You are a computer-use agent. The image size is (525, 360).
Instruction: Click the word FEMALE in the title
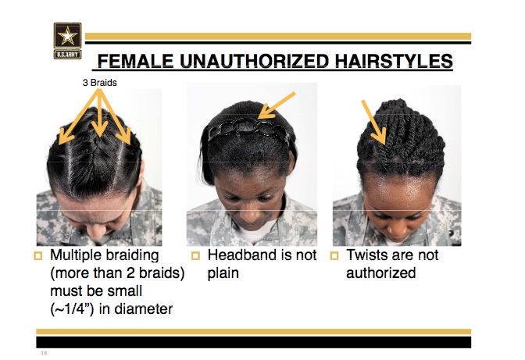(135, 61)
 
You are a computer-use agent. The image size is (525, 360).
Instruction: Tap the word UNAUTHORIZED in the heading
(255, 61)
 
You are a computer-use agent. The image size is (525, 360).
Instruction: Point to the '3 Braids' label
(99, 83)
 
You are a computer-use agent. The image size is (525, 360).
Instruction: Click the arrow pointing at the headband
(277, 105)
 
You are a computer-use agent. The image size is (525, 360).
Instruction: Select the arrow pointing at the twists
(373, 122)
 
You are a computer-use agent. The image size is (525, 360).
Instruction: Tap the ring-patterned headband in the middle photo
(248, 129)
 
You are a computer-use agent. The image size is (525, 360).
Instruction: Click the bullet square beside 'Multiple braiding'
(38, 256)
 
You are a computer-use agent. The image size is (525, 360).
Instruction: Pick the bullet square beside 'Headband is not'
(195, 256)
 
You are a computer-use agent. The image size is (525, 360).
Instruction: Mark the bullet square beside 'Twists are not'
(334, 256)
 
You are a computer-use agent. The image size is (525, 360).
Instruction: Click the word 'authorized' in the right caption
(381, 273)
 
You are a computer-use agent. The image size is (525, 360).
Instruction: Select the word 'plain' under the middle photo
(223, 273)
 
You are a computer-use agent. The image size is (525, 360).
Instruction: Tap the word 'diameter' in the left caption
(144, 308)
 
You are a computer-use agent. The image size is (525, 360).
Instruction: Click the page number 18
(44, 353)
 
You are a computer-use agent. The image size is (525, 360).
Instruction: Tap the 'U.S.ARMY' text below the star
(67, 54)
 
